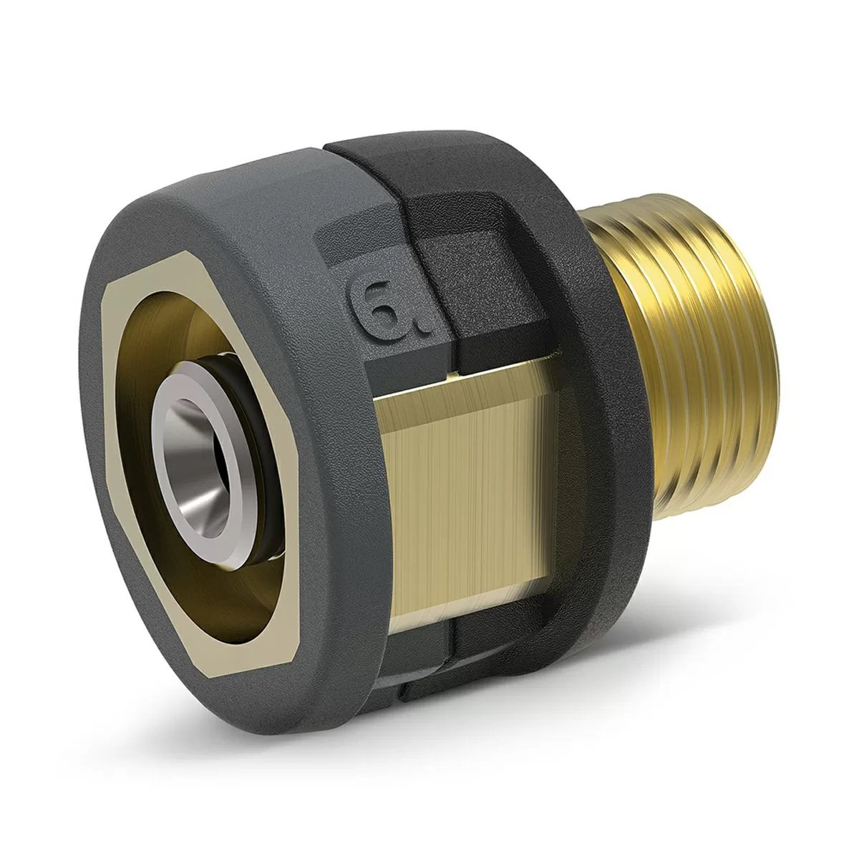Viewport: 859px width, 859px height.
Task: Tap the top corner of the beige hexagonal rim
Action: [193, 274]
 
